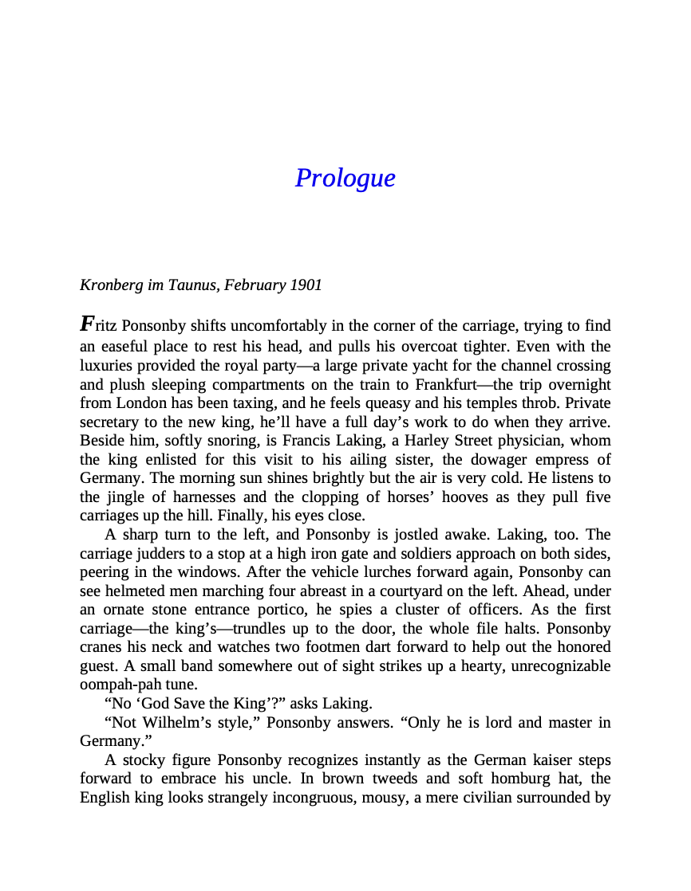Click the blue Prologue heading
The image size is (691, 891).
click(345, 177)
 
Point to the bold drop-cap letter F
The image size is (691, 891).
click(87, 324)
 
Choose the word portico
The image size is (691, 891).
click(268, 610)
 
